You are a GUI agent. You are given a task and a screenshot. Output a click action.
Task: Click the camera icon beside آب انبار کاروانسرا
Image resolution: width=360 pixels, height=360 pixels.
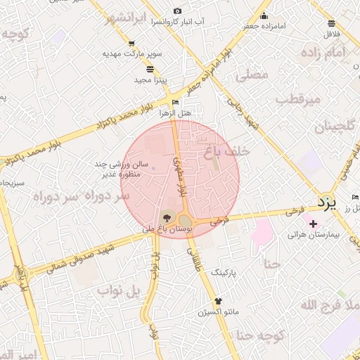[x=176, y=11]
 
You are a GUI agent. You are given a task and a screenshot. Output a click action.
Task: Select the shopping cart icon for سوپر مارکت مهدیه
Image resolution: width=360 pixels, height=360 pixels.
[x=131, y=44]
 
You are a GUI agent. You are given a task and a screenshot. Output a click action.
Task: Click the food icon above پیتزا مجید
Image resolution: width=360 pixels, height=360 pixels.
[x=149, y=68]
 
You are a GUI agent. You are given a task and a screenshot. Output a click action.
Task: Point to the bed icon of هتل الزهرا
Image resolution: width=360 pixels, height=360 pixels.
[x=175, y=103]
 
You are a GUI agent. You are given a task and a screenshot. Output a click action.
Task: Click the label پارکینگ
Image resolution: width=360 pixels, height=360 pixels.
[x=224, y=270]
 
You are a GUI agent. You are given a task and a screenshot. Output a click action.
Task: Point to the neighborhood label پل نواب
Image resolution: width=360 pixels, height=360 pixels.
[x=120, y=291]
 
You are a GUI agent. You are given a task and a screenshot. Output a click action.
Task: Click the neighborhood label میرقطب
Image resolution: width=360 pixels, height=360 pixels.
[x=297, y=100]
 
